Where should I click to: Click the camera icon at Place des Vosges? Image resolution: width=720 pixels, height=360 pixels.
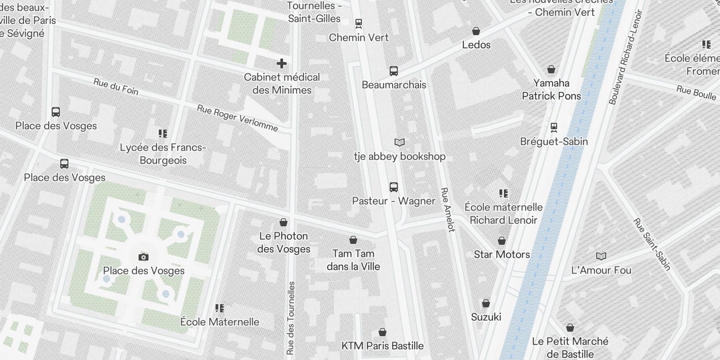point(144,257)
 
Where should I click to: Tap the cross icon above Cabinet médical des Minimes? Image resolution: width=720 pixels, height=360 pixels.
point(282,63)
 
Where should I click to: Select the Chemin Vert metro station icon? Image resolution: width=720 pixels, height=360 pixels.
point(359,23)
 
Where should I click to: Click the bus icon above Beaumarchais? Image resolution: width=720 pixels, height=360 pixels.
point(394,71)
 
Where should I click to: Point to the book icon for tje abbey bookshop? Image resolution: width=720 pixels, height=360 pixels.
point(400,143)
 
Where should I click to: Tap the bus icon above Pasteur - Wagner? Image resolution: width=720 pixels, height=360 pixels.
point(394,187)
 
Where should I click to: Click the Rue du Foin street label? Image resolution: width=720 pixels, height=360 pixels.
point(116,86)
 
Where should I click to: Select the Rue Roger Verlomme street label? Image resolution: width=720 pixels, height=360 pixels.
point(237,118)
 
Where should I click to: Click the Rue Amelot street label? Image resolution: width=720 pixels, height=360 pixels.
point(448,210)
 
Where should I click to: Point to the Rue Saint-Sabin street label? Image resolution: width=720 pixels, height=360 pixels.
point(652,244)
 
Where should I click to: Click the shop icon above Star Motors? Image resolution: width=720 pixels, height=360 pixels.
point(502,241)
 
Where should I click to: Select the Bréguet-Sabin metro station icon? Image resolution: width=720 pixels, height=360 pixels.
point(554,128)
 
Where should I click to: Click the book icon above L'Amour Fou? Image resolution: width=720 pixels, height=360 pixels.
point(601,256)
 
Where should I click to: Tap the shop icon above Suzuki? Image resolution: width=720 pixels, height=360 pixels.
point(486,304)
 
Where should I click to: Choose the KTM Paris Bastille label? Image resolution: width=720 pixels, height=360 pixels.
point(382,346)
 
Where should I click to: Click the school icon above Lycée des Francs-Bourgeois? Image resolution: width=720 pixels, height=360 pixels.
point(163,134)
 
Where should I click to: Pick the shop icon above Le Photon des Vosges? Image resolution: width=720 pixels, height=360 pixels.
point(283,222)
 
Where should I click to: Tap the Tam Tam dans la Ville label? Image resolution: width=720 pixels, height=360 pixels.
point(353,260)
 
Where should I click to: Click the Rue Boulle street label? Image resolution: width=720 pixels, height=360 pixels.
point(696,93)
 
